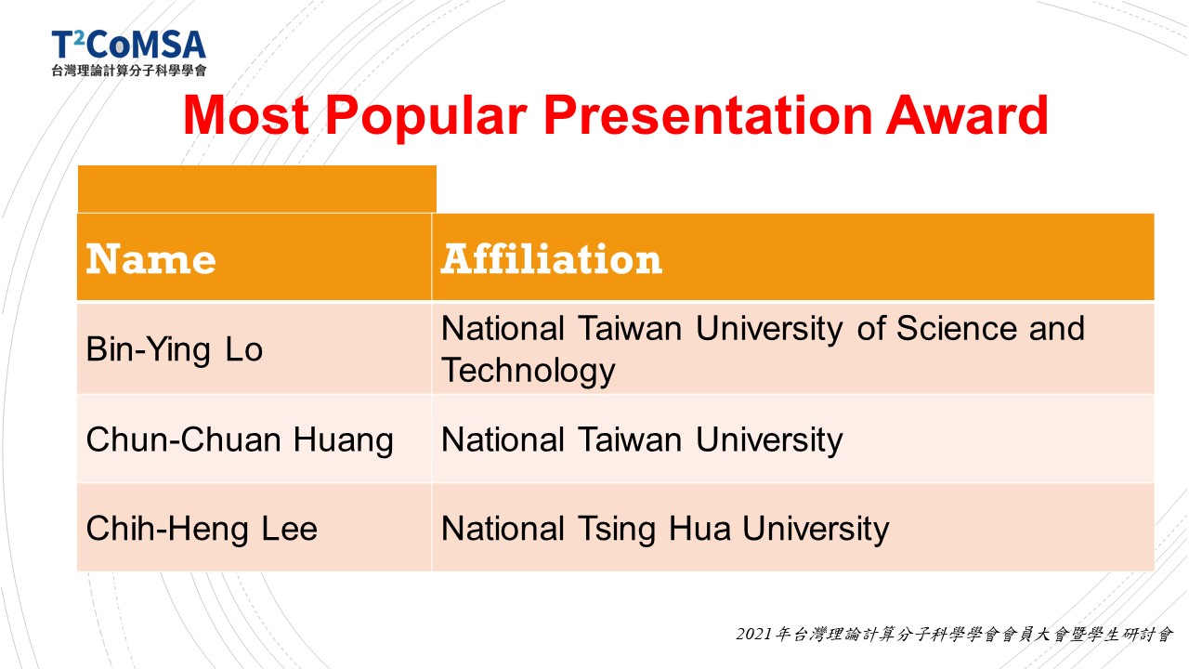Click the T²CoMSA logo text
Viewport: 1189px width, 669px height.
point(128,45)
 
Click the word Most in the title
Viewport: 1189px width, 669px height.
point(246,115)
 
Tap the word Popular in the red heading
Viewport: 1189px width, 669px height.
point(426,118)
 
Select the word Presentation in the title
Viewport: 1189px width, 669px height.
point(708,115)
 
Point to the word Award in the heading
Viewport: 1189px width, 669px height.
point(967,115)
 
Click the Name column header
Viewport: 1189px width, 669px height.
point(150,259)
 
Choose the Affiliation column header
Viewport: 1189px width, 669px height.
point(552,258)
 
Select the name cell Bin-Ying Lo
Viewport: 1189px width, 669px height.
point(174,350)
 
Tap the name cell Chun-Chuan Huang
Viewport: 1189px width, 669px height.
point(240,440)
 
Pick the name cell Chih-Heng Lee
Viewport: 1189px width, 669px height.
point(202,530)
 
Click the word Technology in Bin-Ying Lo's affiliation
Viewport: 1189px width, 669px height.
point(529,371)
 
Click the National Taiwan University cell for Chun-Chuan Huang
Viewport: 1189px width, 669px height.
point(642,440)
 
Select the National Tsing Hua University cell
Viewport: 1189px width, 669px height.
point(665,530)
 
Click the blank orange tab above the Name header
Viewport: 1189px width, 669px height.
point(257,189)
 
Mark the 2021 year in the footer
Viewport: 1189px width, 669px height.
point(753,634)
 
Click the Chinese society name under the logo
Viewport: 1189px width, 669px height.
point(129,71)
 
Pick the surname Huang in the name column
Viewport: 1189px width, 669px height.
point(344,441)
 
